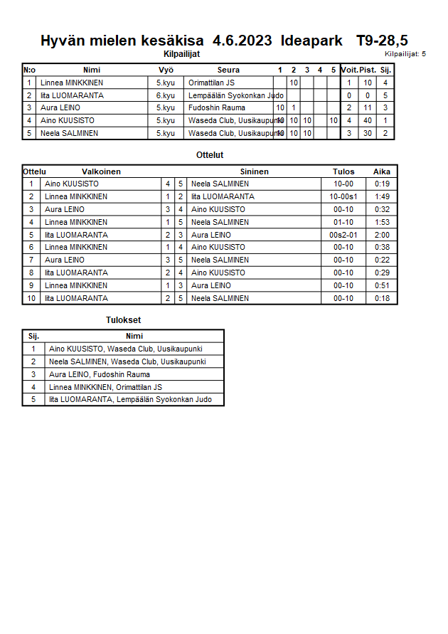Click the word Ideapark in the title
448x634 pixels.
(310, 41)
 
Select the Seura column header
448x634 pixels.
(228, 70)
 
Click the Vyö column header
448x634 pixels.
(166, 70)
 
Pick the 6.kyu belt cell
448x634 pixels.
(166, 95)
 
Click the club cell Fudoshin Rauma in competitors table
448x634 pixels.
(217, 108)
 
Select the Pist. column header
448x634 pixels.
(368, 70)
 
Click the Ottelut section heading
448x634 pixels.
(210, 154)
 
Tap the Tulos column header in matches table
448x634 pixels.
(343, 171)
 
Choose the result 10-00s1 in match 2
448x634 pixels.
(343, 196)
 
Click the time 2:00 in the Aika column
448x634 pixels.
(382, 235)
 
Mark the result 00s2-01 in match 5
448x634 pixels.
(343, 235)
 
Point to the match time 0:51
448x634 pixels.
(382, 285)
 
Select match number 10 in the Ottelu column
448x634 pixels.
(31, 298)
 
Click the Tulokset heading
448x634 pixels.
(124, 320)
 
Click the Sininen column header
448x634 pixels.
(254, 171)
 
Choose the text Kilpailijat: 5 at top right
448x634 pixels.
(405, 53)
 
